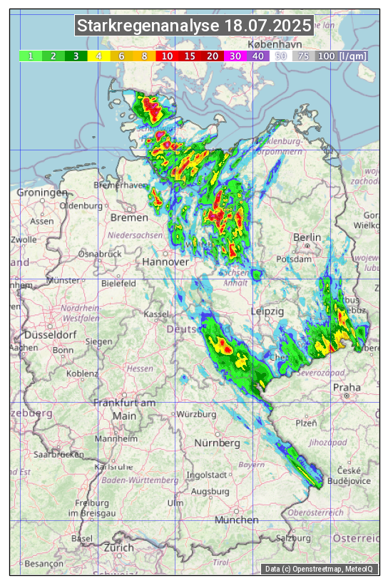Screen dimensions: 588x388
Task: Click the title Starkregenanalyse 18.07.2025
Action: click(x=194, y=26)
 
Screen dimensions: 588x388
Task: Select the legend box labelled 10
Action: click(x=167, y=56)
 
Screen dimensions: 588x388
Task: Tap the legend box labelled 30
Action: click(x=235, y=56)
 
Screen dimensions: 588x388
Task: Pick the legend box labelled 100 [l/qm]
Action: click(x=342, y=56)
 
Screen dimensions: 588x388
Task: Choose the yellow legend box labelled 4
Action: click(x=98, y=56)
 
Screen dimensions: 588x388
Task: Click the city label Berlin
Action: click(x=307, y=237)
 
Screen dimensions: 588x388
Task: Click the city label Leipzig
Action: click(x=267, y=312)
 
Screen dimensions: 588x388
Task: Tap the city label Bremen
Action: click(x=129, y=217)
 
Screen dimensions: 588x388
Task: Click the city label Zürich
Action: click(x=118, y=547)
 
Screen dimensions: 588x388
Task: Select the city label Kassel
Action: click(x=155, y=314)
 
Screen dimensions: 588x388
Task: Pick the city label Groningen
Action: click(x=42, y=193)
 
